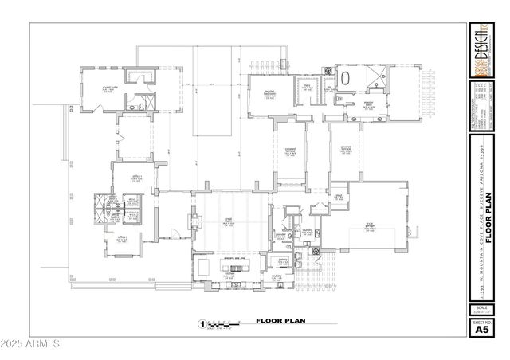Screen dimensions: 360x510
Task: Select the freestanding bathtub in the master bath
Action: click(x=347, y=79)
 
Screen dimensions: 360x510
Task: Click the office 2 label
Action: click(x=123, y=238)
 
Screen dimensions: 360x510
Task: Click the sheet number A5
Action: click(x=481, y=327)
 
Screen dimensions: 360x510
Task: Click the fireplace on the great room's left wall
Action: click(x=192, y=221)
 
